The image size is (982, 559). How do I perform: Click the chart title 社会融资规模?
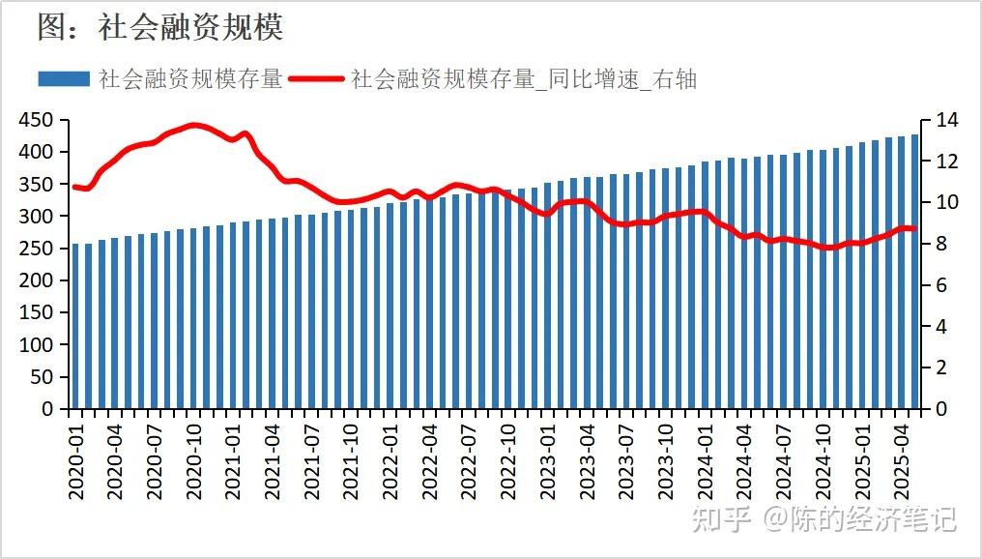click(x=160, y=27)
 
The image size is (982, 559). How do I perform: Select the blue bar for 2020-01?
click(x=76, y=326)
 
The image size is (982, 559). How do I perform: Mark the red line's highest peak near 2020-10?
click(x=194, y=125)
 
